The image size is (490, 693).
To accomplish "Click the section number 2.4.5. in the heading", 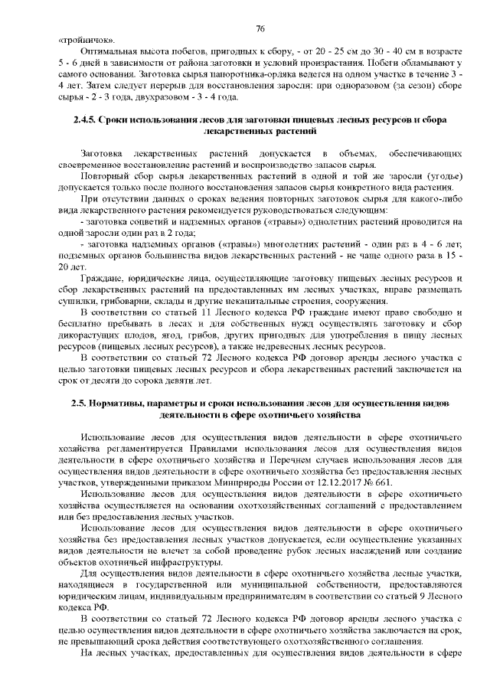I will [87, 121].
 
